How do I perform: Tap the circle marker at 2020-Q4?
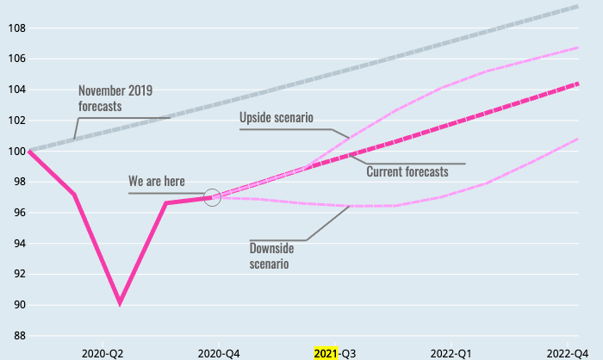pyautogui.click(x=213, y=197)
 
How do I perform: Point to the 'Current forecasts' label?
pyautogui.click(x=407, y=171)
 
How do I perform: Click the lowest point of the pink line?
pyautogui.click(x=120, y=303)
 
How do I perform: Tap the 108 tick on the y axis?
pyautogui.click(x=16, y=28)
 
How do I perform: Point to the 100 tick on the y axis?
pyautogui.click(x=16, y=152)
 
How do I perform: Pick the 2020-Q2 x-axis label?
pyautogui.click(x=103, y=353)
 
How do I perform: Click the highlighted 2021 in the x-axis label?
pyautogui.click(x=326, y=353)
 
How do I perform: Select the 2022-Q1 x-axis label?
pyautogui.click(x=451, y=353)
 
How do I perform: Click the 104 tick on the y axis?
pyautogui.click(x=16, y=90)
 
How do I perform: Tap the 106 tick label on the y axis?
pyautogui.click(x=16, y=59)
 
